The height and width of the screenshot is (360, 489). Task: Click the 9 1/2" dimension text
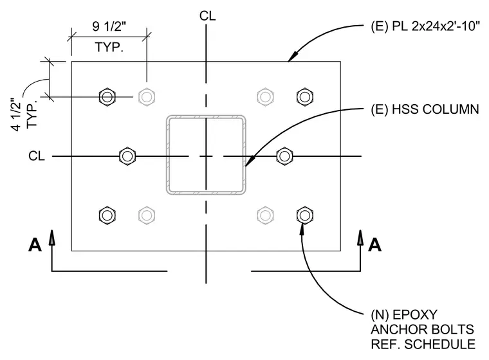[x=109, y=26]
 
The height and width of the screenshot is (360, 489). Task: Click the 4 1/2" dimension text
[x=17, y=114]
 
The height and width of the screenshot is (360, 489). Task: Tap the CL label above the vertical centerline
[x=207, y=16]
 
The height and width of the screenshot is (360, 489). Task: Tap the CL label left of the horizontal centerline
[x=37, y=156]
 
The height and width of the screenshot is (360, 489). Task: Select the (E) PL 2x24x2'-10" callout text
[x=425, y=26]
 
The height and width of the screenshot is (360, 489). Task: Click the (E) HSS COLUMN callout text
[x=425, y=109]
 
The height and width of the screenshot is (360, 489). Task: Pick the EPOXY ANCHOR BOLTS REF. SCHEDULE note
[x=423, y=329]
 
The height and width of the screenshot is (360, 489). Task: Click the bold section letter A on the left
[x=35, y=245]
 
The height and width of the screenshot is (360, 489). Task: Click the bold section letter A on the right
[x=374, y=245]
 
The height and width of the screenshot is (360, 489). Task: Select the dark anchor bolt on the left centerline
[x=127, y=156]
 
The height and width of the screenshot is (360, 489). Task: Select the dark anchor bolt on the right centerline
[x=284, y=156]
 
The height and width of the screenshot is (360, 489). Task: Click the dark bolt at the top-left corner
[x=107, y=97]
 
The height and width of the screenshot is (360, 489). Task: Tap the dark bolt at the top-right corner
[x=305, y=97]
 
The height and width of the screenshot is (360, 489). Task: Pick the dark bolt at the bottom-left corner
[x=107, y=215]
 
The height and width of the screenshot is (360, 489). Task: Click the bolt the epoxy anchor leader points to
[x=305, y=215]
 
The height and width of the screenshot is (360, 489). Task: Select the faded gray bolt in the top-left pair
[x=147, y=97]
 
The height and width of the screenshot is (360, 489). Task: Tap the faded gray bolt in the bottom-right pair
[x=265, y=215]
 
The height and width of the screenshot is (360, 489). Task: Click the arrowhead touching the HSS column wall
[x=250, y=161]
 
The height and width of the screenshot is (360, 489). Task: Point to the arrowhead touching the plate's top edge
[x=293, y=56]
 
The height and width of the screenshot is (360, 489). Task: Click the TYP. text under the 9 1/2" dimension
[x=109, y=48]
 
